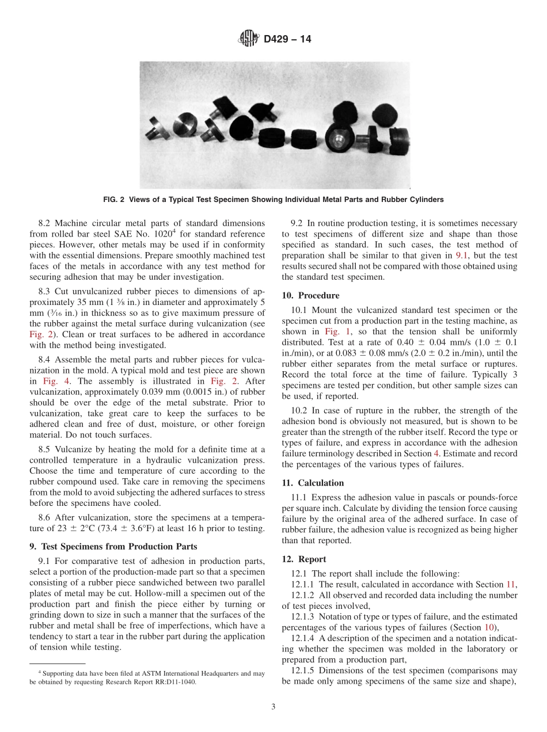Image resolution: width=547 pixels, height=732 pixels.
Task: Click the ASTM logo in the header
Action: pos(248,39)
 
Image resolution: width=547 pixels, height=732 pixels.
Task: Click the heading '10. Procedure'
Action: pos(310,295)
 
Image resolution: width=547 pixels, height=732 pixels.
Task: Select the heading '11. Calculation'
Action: pos(313,483)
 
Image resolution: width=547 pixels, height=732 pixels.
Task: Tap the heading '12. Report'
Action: pos(304,559)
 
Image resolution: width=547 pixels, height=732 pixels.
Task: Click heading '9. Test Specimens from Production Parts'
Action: pos(113,546)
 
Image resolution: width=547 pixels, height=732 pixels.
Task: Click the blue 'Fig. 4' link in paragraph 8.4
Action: pos(54,382)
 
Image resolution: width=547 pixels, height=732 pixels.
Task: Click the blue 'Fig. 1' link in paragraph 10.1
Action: pos(334,332)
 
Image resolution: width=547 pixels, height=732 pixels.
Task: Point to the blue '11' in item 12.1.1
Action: pos(509,584)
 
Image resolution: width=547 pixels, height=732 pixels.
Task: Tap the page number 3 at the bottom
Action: pos(273,708)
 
